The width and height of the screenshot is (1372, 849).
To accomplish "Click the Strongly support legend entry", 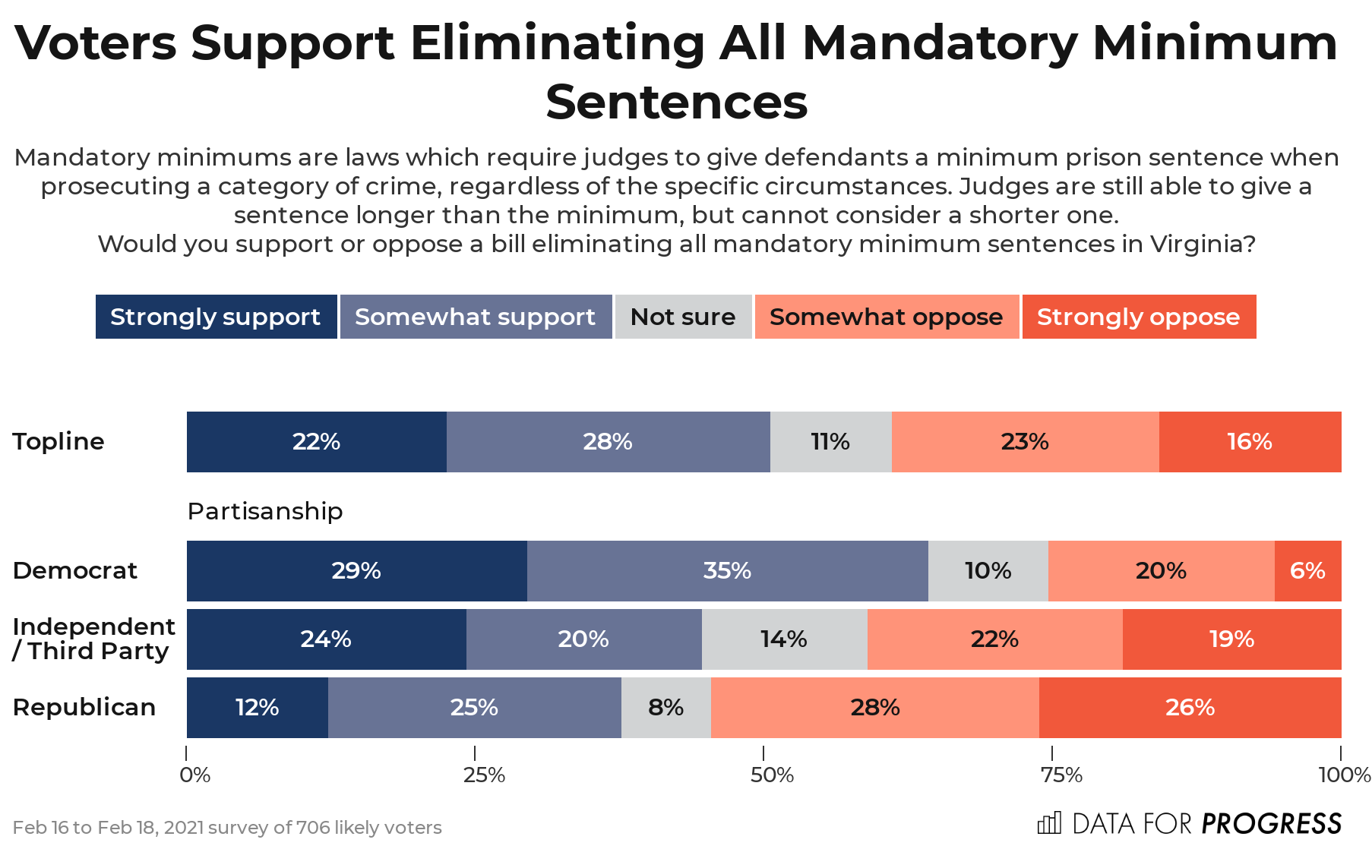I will point(216,317).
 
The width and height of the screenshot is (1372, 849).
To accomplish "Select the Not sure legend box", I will point(682,317).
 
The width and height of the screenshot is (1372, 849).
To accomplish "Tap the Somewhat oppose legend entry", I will point(886,317).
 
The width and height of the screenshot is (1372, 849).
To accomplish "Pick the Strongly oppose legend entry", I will point(1138,317).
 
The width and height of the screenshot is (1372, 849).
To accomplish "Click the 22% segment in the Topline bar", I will point(316,442).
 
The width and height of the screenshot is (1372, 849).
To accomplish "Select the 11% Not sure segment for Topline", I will point(830,442).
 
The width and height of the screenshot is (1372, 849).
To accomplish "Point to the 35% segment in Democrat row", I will point(727,571).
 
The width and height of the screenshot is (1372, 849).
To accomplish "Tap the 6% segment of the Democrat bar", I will point(1307,571).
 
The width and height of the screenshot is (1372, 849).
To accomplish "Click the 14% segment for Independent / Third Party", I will point(784,639).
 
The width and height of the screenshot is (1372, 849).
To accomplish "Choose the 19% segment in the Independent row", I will point(1231,639).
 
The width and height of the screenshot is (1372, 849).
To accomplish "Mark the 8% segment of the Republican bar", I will point(665,708).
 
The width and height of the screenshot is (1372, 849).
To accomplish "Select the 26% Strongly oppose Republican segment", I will point(1190,708).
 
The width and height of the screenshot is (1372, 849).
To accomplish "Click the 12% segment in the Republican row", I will point(257,708).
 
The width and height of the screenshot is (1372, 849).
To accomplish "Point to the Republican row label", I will point(84,708).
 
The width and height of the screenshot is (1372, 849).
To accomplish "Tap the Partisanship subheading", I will point(265,511).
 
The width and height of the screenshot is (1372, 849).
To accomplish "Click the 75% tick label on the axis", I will point(1061,775).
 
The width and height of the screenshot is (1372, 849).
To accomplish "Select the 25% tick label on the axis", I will point(484,775).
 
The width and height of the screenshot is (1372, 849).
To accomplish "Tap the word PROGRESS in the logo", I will point(1272,824).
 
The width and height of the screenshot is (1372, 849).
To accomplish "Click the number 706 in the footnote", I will point(313,828).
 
